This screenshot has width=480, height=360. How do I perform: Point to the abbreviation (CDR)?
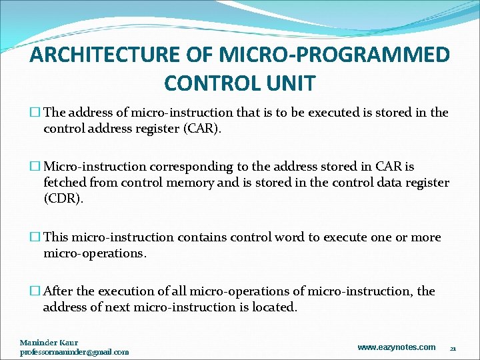pyautogui.click(x=63, y=199)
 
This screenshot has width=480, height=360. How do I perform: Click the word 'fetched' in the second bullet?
pyautogui.click(x=65, y=182)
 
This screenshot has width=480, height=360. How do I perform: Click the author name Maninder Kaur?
pyautogui.click(x=49, y=343)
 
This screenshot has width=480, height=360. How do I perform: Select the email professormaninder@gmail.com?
pyautogui.click(x=74, y=351)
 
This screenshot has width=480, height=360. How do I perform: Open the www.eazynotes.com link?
pyautogui.click(x=396, y=347)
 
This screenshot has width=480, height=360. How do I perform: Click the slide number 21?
pyautogui.click(x=453, y=349)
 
